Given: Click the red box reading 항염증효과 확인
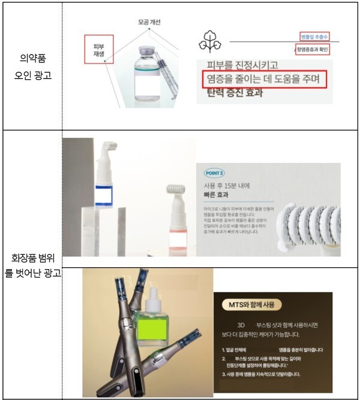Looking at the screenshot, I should (317, 49).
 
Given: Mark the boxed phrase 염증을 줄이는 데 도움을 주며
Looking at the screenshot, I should (265, 80).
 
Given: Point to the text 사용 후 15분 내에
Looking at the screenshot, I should (226, 186).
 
